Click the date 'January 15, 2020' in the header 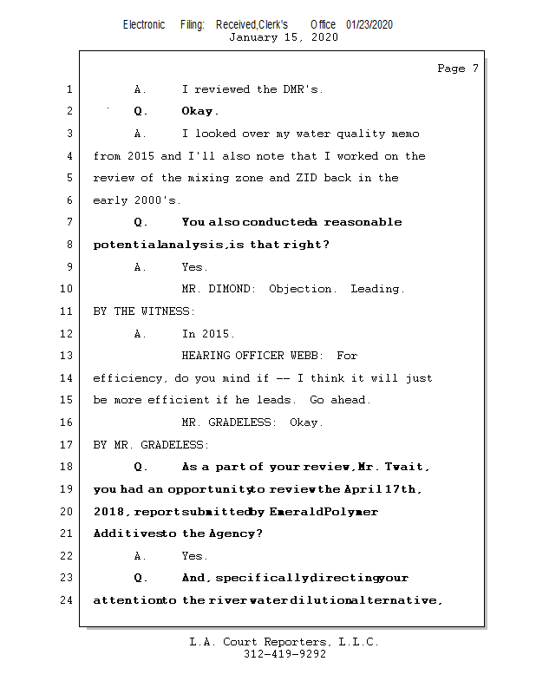(283, 37)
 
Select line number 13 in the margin (69, 356)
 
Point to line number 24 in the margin (69, 599)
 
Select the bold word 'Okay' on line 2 (199, 111)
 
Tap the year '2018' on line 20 (110, 512)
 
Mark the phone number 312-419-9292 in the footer (284, 655)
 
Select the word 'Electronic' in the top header (144, 24)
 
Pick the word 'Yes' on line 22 (194, 556)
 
